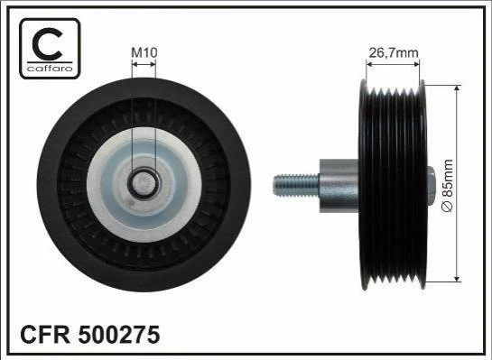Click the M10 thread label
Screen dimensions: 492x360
(x=144, y=52)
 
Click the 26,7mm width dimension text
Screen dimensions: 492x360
(x=394, y=52)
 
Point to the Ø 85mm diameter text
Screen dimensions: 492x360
(x=448, y=186)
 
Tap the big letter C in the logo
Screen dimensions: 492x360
(x=48, y=44)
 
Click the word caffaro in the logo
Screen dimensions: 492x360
(x=50, y=69)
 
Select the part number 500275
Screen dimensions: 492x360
(x=119, y=335)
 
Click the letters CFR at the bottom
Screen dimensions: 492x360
(x=45, y=335)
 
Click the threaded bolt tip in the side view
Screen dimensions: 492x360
(x=276, y=186)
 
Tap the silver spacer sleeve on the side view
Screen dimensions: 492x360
(x=339, y=186)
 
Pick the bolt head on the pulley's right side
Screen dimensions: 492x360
(x=432, y=186)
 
